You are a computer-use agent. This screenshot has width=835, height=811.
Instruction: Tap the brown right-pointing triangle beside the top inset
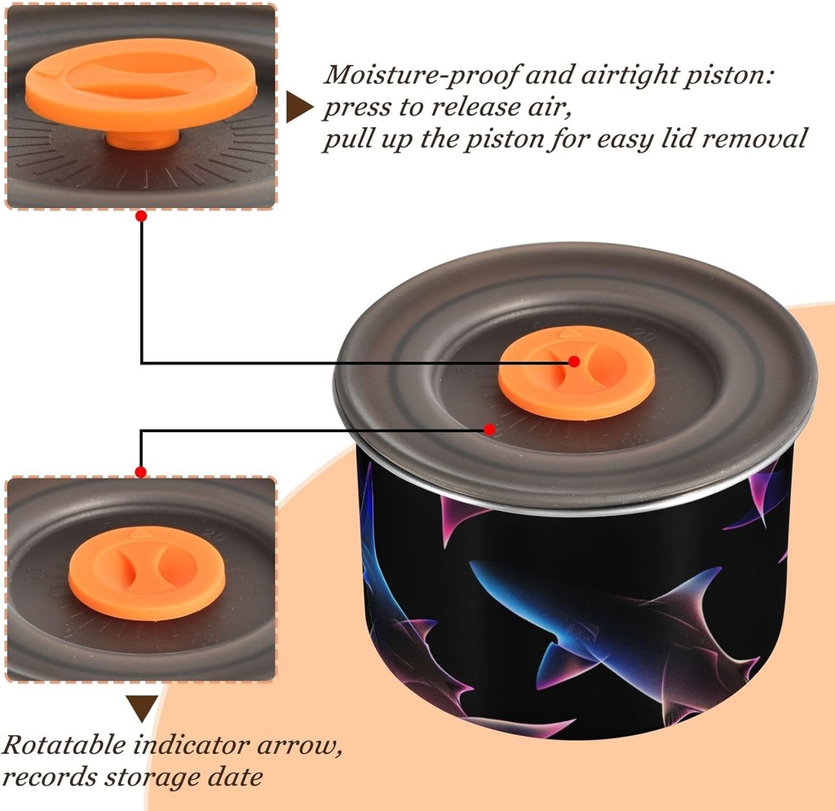click(x=299, y=108)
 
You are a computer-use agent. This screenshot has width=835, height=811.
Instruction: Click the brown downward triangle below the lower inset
click(x=142, y=707)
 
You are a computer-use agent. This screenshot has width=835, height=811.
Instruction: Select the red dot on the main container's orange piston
click(x=574, y=361)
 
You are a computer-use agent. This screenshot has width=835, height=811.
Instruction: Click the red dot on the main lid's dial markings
click(x=489, y=429)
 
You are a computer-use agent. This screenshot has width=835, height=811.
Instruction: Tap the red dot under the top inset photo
click(x=141, y=216)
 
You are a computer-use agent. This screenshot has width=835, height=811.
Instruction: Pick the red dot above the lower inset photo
click(x=141, y=471)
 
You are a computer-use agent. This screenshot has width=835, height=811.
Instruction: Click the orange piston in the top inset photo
click(x=140, y=82)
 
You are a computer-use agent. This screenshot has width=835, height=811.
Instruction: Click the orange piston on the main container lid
click(x=576, y=372)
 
